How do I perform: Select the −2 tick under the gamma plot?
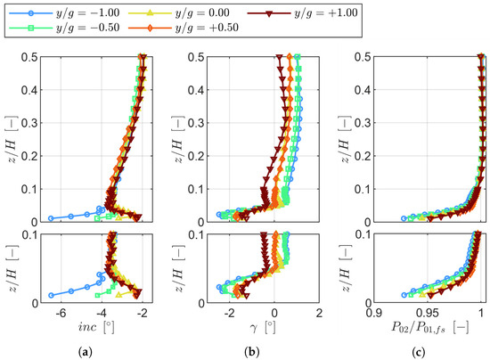click(x=229, y=314)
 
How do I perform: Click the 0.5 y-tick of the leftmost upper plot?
click(x=37, y=56)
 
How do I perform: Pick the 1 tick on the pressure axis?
click(x=482, y=314)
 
